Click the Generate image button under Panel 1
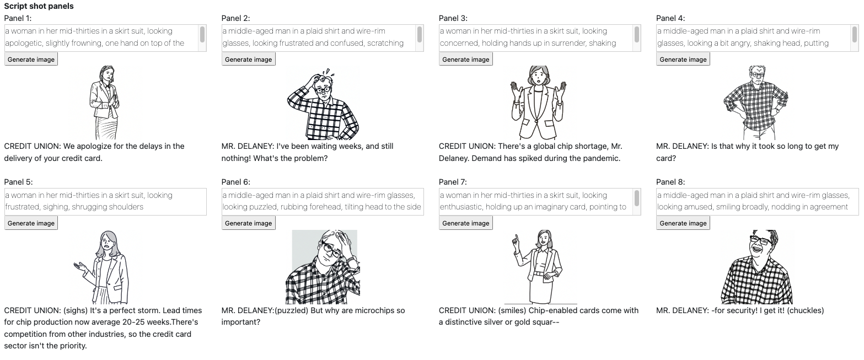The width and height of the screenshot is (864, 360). pyautogui.click(x=31, y=60)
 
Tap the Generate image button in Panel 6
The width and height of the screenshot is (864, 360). pyautogui.click(x=249, y=223)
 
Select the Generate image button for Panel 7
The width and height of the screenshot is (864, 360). pyautogui.click(x=465, y=223)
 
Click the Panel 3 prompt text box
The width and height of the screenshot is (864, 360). pyautogui.click(x=535, y=38)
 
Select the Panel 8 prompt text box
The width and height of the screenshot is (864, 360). pyautogui.click(x=757, y=201)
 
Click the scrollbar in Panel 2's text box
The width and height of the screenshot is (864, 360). pyautogui.click(x=419, y=35)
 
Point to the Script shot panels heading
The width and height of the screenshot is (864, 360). pyautogui.click(x=39, y=6)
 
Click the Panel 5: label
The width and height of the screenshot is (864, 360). pyautogui.click(x=18, y=182)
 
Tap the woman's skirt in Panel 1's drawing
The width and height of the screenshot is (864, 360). pyautogui.click(x=106, y=128)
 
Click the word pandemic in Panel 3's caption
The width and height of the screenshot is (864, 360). pyautogui.click(x=602, y=158)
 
